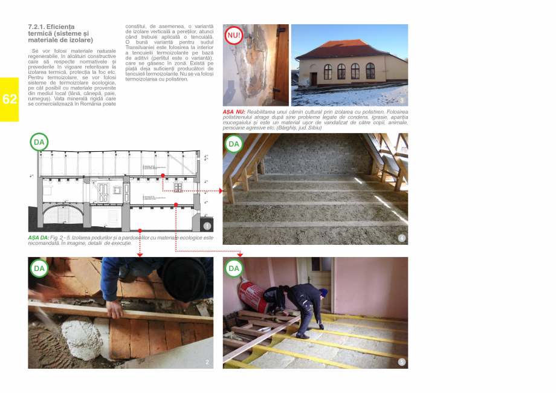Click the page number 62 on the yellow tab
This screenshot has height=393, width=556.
pyautogui.click(x=10, y=100)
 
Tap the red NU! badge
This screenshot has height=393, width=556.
pyautogui.click(x=234, y=36)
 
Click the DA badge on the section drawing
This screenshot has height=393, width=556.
pyautogui.click(x=39, y=143)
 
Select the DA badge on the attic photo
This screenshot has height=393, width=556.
pyautogui.click(x=234, y=144)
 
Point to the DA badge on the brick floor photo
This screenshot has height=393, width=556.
pyautogui.click(x=39, y=268)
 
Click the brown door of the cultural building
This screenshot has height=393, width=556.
pyautogui.click(x=313, y=79)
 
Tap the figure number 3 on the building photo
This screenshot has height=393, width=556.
pyautogui.click(x=402, y=100)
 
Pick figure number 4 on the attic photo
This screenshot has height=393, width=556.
pyautogui.click(x=402, y=238)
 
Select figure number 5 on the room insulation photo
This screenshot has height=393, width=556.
pyautogui.click(x=402, y=362)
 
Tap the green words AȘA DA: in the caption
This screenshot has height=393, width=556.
pyautogui.click(x=39, y=238)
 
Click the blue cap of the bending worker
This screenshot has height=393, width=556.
pyautogui.click(x=323, y=293)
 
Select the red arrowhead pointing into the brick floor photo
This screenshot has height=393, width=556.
pyautogui.click(x=140, y=255)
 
